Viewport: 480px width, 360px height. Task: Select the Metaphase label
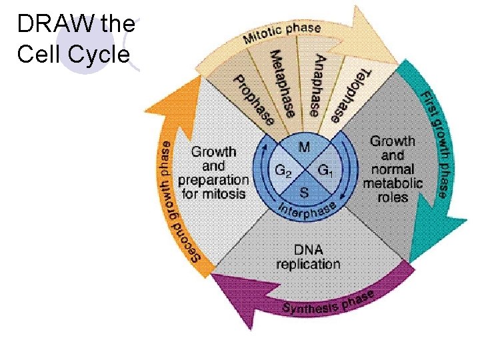coord(281,83)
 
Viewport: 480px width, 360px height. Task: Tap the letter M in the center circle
coord(303,146)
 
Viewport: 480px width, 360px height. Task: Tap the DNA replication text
coord(308,257)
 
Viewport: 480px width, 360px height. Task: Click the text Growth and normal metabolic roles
coord(393,169)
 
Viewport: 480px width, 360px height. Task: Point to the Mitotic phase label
coord(281,33)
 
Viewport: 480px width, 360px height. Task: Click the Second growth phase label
coord(176,199)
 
